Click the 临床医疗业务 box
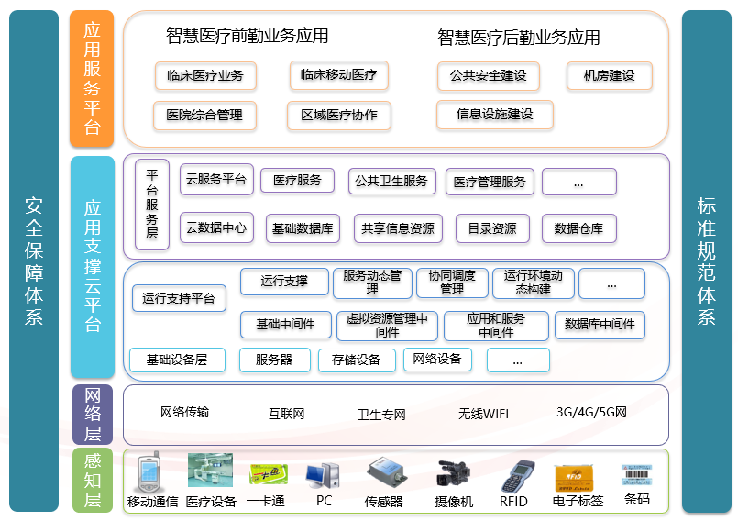[x=205, y=76]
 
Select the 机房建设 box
[x=610, y=75]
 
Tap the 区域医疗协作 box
[x=338, y=116]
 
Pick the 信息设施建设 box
[x=494, y=115]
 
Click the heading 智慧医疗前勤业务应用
[x=247, y=37]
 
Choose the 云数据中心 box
[x=215, y=227]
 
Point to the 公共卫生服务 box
[x=391, y=182]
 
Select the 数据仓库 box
[x=578, y=228]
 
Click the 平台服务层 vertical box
[x=151, y=205]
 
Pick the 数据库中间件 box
[x=600, y=324]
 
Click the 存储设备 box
[x=356, y=360]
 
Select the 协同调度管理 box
[x=452, y=282]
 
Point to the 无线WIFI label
[x=483, y=414]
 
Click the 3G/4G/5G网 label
[x=591, y=412]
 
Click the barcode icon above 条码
[x=636, y=474]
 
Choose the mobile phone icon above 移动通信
[x=149, y=474]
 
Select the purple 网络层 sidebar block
[x=92, y=414]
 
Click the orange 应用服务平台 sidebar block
[x=92, y=78]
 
